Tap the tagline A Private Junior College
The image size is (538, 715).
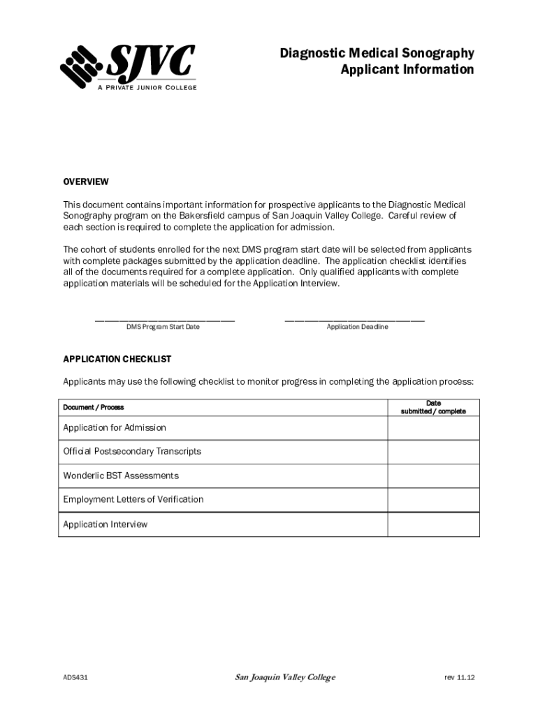(x=147, y=87)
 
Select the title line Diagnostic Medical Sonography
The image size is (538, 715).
(x=377, y=54)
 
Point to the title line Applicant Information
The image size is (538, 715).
(x=407, y=70)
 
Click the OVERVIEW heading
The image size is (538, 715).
(x=86, y=182)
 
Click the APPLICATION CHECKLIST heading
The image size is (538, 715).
(x=117, y=359)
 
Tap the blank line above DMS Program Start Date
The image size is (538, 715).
(x=164, y=320)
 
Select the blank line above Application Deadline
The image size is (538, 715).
(x=354, y=320)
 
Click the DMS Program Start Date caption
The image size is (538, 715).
(x=163, y=327)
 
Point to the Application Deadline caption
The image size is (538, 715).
(x=357, y=327)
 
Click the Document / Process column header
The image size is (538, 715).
(x=93, y=407)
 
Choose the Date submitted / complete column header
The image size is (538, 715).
(x=433, y=407)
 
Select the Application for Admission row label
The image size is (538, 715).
(x=115, y=427)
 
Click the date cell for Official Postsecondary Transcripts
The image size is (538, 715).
(x=433, y=452)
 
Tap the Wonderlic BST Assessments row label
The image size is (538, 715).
(x=121, y=476)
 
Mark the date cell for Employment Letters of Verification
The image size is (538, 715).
(x=433, y=500)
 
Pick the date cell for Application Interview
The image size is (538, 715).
(x=433, y=524)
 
